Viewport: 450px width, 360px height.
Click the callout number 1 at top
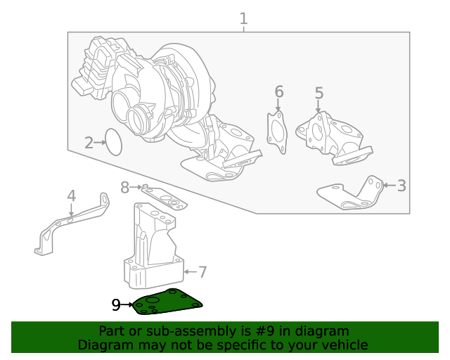[x=243, y=19]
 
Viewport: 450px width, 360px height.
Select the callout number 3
[x=401, y=186]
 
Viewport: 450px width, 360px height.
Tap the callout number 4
[x=71, y=196]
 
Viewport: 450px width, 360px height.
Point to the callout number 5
[x=319, y=94]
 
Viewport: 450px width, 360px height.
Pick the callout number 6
[x=278, y=92]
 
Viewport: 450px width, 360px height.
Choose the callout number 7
[x=202, y=271]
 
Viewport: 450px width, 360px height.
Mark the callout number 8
[x=125, y=187]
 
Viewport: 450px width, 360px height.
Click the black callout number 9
[x=116, y=304]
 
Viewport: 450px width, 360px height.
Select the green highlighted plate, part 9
[x=169, y=302]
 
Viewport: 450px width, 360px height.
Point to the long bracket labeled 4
[x=70, y=224]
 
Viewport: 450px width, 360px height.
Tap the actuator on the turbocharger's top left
[x=95, y=67]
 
